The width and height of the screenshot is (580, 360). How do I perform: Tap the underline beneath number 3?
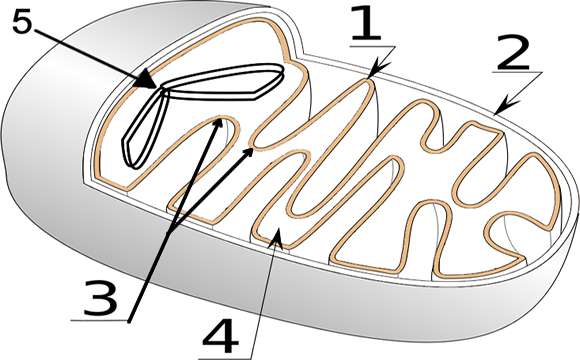pyautogui.click(x=100, y=320)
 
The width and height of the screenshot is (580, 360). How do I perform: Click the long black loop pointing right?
pyautogui.click(x=225, y=87)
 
